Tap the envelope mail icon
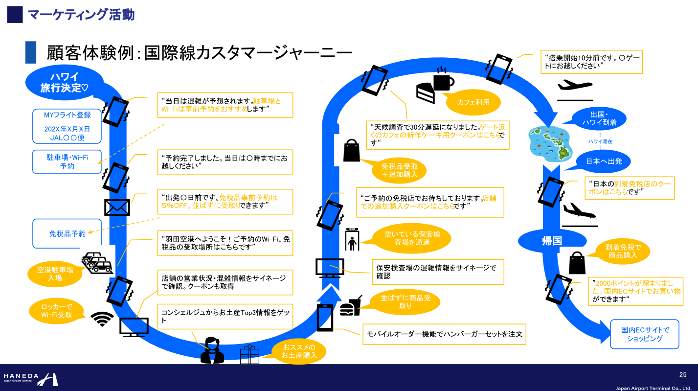click(x=117, y=207)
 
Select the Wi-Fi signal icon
click(x=102, y=320)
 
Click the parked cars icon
click(x=97, y=263)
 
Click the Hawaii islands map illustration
click(x=550, y=143)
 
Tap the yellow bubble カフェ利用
click(x=473, y=102)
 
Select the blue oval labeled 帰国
click(x=551, y=241)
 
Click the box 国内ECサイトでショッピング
click(x=645, y=334)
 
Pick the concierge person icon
click(x=212, y=350)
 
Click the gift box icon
click(x=249, y=354)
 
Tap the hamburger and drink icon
click(x=351, y=307)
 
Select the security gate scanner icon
click(x=352, y=239)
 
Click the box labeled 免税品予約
click(x=67, y=233)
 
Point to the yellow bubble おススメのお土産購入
click(x=299, y=351)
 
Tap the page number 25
click(x=683, y=375)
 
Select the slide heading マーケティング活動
click(x=81, y=15)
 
